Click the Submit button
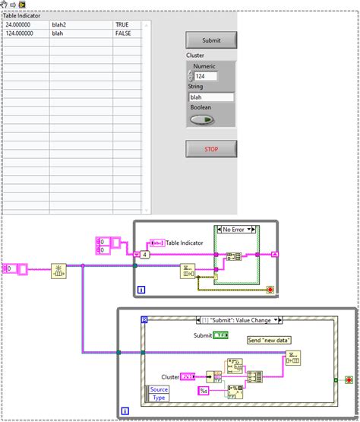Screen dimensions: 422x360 tap(211, 40)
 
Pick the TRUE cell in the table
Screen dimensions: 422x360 tap(122, 25)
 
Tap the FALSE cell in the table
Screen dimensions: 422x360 tap(124, 33)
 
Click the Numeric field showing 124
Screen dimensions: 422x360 tap(205, 76)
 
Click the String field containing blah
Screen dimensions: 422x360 tap(211, 97)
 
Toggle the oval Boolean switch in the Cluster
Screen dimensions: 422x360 tap(203, 119)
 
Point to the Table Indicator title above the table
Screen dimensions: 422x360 tap(23, 15)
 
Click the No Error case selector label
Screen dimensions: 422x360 tap(237, 229)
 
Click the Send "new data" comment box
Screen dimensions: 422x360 tap(270, 340)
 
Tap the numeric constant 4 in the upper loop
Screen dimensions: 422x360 tap(144, 255)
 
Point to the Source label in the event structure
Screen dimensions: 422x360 tap(159, 389)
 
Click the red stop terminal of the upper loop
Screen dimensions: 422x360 tap(270, 290)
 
